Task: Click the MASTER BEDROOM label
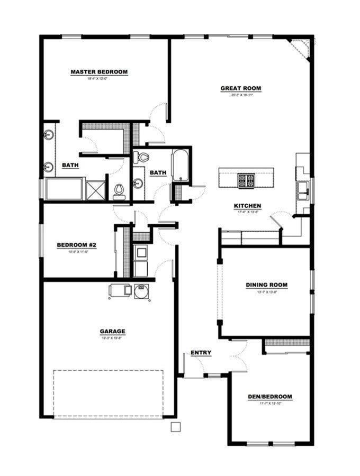[x=99, y=72]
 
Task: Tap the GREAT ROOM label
[x=241, y=88]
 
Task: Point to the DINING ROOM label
[x=266, y=285]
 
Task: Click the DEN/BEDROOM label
[x=270, y=397]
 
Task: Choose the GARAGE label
[x=113, y=332]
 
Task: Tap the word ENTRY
[x=201, y=353]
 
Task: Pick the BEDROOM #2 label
[x=76, y=245]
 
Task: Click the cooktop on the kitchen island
[x=246, y=181]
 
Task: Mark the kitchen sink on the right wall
[x=303, y=189]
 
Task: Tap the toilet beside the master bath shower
[x=119, y=191]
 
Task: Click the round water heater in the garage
[x=141, y=290]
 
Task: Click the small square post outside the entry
[x=175, y=427]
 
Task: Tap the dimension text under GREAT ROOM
[x=241, y=95]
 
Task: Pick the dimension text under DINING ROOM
[x=266, y=292]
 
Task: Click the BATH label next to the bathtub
[x=158, y=172]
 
